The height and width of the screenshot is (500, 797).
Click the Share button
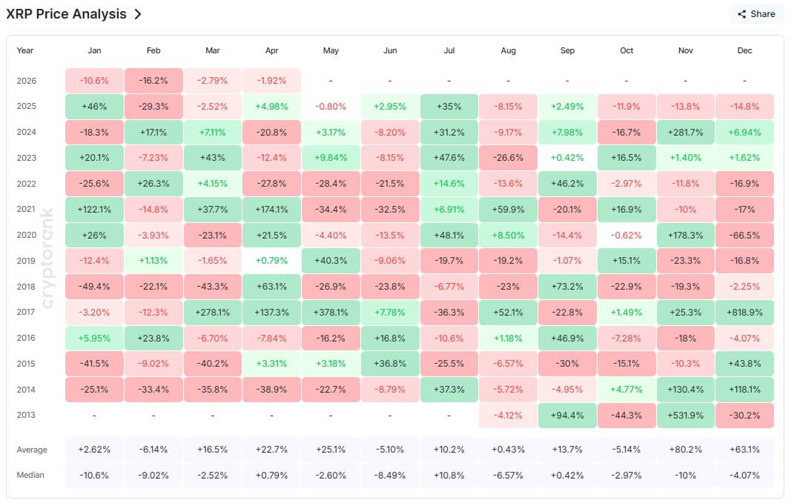click(x=755, y=14)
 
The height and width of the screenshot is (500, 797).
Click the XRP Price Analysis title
click(x=66, y=14)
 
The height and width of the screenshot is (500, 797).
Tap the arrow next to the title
click(x=138, y=14)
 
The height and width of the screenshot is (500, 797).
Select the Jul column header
click(x=449, y=50)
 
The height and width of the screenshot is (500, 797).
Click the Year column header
click(x=25, y=50)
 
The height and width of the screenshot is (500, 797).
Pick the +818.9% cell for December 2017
click(x=744, y=313)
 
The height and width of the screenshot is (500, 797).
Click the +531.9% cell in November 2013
click(x=685, y=416)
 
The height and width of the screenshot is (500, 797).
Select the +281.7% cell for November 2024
click(x=685, y=132)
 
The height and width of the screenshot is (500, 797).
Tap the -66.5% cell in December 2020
click(x=744, y=236)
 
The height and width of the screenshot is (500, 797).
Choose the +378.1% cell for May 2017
click(x=331, y=313)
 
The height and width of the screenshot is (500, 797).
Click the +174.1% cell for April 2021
click(x=272, y=210)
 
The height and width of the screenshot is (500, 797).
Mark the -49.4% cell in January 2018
click(x=94, y=287)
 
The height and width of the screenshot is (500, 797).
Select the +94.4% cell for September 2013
click(x=567, y=416)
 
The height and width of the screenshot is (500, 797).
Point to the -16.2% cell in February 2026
click(x=153, y=81)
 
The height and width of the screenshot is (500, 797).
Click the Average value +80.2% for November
click(x=685, y=450)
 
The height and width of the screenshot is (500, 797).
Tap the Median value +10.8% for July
click(x=449, y=475)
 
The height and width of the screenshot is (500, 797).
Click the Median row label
click(x=30, y=475)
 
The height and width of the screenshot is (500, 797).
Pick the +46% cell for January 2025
click(x=94, y=107)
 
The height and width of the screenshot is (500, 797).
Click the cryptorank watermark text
click(x=48, y=259)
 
